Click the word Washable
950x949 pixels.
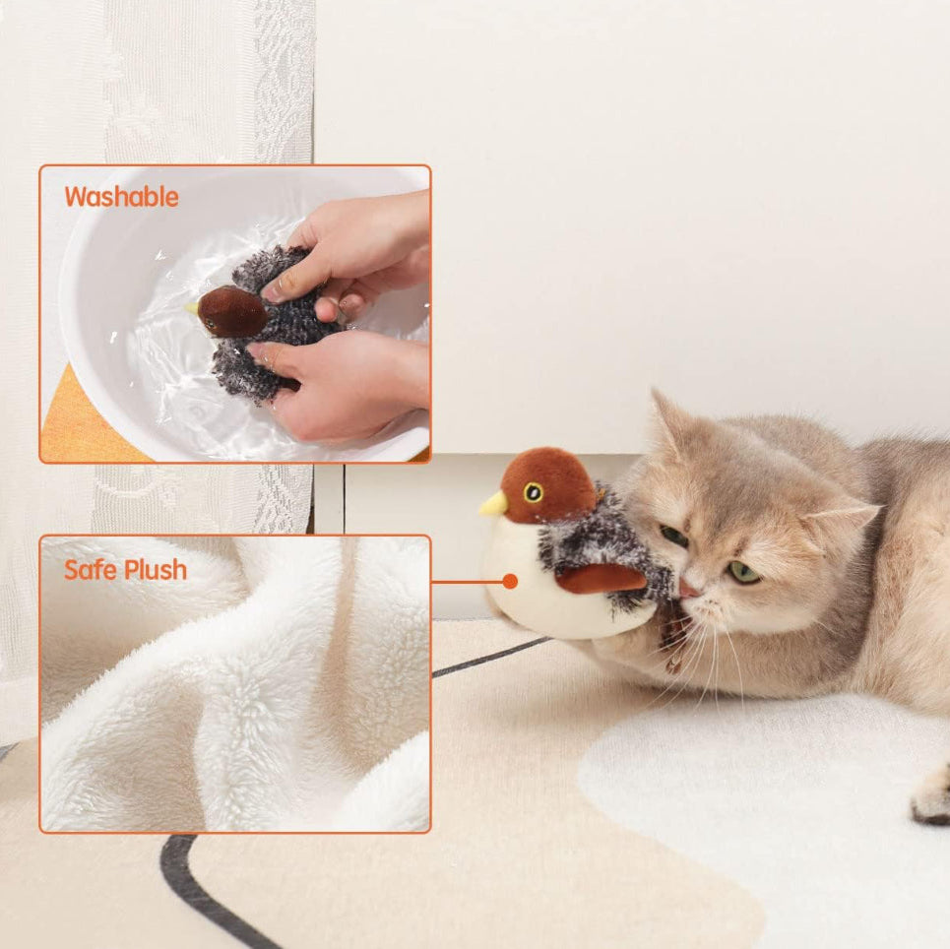tap(121, 197)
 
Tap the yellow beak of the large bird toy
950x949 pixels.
tap(492, 505)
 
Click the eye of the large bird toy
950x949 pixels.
tap(533, 492)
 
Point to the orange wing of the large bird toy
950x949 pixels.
tap(601, 579)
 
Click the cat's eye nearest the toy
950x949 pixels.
tap(674, 537)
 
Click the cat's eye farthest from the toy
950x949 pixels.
tap(743, 571)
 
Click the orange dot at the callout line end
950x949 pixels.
tap(510, 582)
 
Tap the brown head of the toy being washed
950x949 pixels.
tap(232, 312)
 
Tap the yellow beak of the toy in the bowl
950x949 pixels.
tap(190, 308)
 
